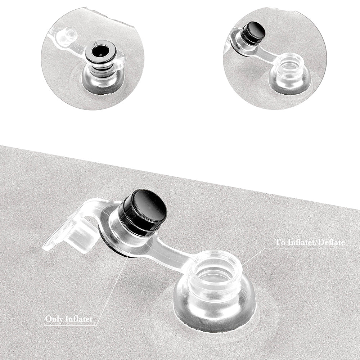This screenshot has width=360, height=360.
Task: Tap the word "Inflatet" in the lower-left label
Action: (x=79, y=319)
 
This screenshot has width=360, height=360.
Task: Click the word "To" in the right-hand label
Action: (x=279, y=242)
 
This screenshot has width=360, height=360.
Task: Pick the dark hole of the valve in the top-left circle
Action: (x=100, y=51)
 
